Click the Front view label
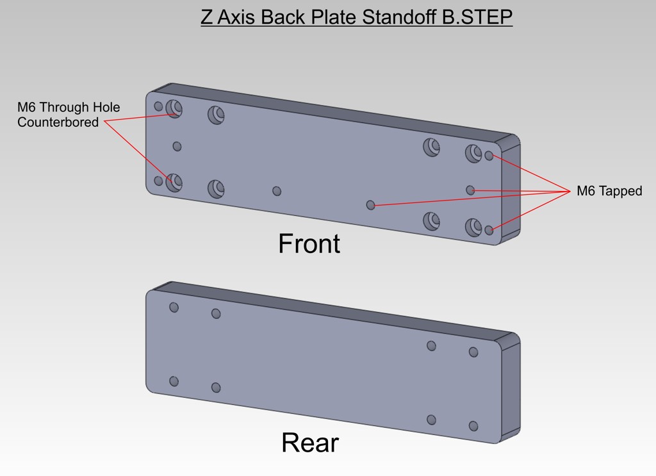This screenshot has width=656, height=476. click(x=309, y=243)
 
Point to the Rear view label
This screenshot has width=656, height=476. click(x=310, y=443)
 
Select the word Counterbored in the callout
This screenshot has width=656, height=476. click(x=58, y=122)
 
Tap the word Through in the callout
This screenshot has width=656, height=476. click(x=65, y=107)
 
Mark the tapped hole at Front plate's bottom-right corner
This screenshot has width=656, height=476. click(x=489, y=230)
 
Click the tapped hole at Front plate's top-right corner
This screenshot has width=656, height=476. click(x=489, y=156)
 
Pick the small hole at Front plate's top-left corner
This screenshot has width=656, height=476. click(x=158, y=106)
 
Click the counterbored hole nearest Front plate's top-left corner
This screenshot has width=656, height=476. click(x=174, y=109)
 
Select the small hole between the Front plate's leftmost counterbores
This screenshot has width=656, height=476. click(x=177, y=147)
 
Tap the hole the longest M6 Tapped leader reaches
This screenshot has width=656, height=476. click(x=370, y=205)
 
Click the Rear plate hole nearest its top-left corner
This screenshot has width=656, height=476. click(x=174, y=308)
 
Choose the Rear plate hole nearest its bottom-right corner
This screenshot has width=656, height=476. click(x=473, y=426)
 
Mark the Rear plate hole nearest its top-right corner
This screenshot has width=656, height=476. click(x=473, y=352)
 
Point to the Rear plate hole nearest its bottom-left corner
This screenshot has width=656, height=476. click(x=174, y=381)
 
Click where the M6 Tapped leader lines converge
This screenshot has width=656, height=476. click(x=570, y=191)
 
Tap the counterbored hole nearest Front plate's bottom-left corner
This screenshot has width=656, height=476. click(x=174, y=183)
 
